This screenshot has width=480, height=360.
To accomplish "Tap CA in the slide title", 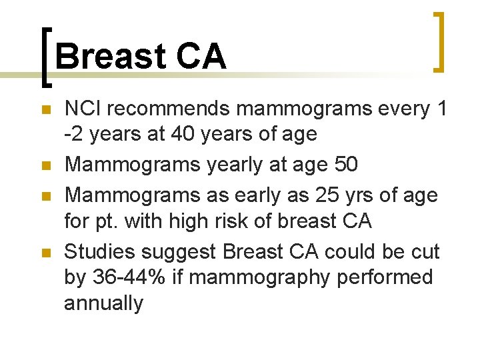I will click(201, 57).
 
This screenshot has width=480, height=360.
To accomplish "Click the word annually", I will click(103, 303).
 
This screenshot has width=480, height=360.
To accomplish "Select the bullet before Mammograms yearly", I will click(45, 165).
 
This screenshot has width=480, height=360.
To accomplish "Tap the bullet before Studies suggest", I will click(45, 253).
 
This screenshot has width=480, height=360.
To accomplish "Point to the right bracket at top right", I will click(438, 41).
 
